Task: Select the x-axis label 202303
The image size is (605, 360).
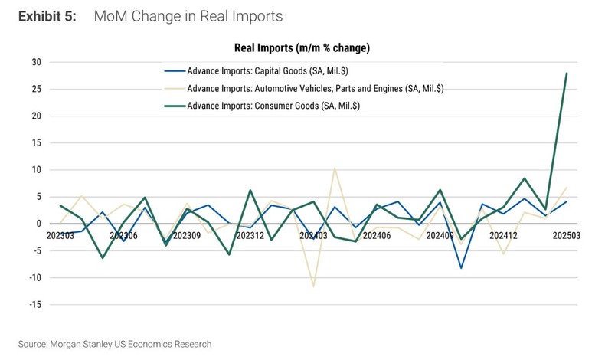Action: point(61,236)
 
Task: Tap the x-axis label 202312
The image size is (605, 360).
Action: point(250,236)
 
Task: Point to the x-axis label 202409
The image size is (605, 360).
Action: point(440,236)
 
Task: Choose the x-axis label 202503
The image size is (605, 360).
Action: point(566,236)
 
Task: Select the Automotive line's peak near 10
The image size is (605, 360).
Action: point(335,168)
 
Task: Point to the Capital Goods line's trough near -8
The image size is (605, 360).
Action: point(461,268)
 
